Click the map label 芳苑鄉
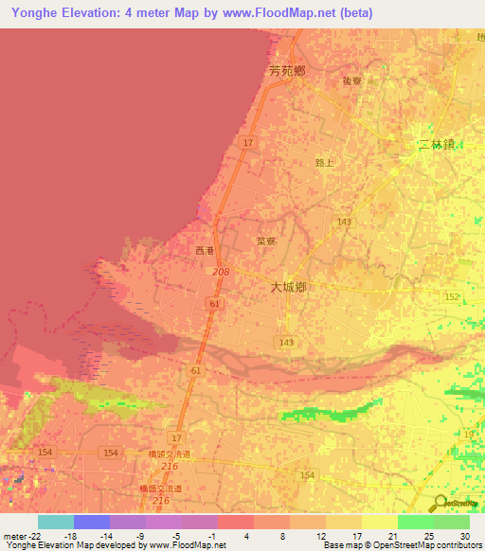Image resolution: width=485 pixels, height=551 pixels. point(286,70)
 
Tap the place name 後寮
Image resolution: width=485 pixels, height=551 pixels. point(351,81)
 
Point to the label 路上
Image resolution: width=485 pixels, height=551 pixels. point(325,163)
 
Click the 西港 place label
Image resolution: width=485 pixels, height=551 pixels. point(205,251)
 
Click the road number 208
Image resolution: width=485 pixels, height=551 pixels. point(221,272)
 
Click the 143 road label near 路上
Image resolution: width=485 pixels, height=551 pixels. point(343,221)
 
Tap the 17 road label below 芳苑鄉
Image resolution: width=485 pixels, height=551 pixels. point(247,142)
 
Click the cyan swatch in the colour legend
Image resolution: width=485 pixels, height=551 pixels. point(55,522)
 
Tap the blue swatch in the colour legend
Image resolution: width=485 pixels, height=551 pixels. point(91,522)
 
